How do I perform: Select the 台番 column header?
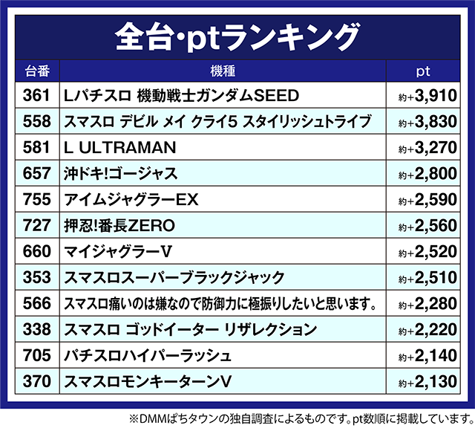36,71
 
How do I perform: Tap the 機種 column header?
223,71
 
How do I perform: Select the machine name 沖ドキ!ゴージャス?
121,174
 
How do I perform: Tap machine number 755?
36,200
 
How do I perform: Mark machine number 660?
36,252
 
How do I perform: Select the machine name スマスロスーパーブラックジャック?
174,278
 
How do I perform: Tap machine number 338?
36,329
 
